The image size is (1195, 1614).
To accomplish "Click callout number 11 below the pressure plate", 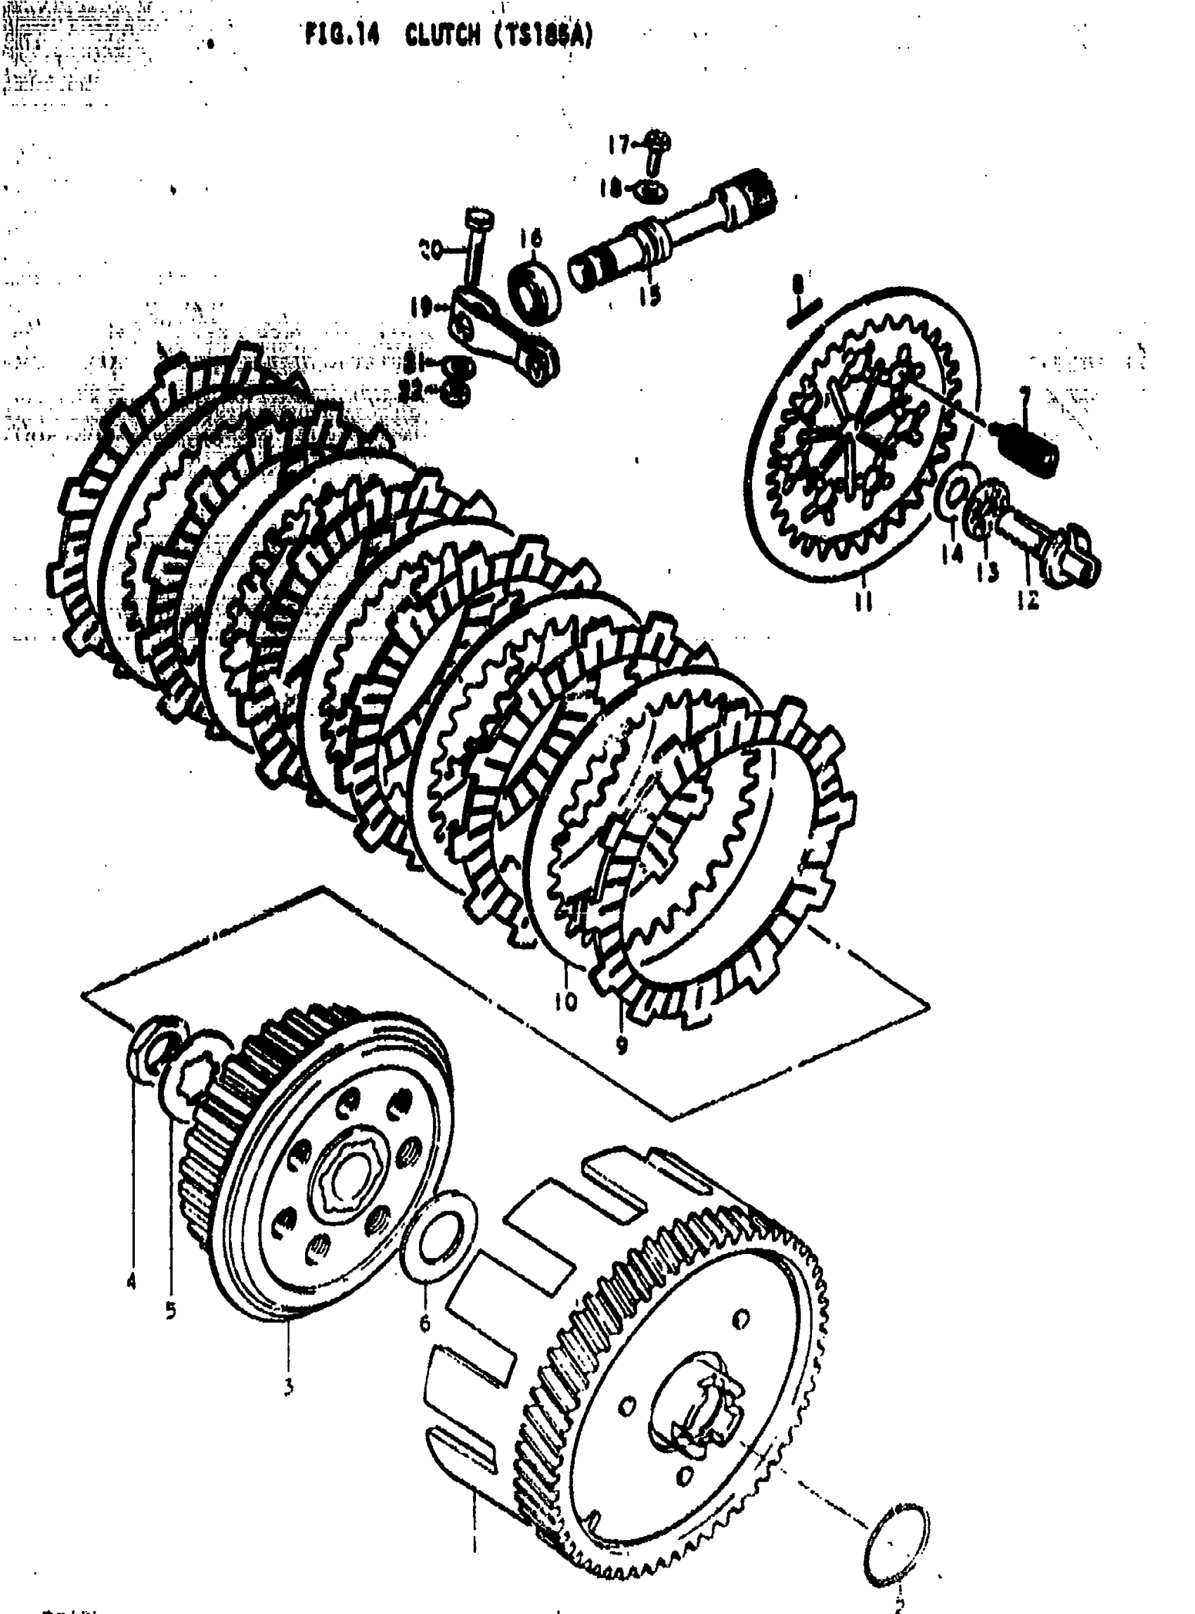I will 863,600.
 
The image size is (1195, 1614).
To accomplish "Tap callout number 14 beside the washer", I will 952,555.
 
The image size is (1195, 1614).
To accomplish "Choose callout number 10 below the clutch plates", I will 567,1001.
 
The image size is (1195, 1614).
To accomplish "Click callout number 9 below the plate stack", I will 621,1044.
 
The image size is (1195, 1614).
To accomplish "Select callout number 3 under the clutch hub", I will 288,1388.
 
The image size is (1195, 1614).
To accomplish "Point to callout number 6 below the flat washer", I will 425,1323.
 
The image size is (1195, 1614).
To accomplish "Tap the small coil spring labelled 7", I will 1031,450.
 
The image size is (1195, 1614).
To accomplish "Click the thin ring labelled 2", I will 898,1544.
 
